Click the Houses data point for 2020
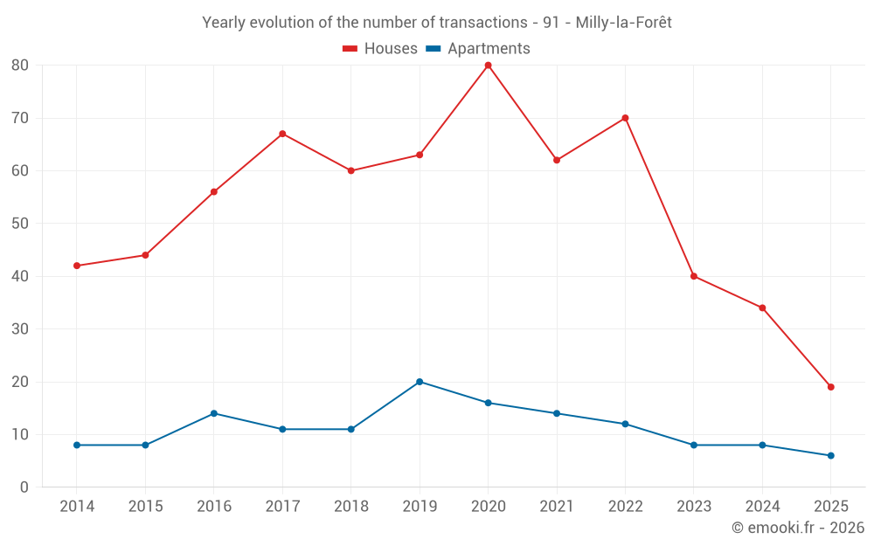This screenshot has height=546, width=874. [x=488, y=65]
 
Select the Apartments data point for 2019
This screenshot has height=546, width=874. [x=420, y=382]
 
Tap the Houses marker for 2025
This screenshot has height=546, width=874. [x=830, y=387]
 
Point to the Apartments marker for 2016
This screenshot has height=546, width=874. [x=214, y=413]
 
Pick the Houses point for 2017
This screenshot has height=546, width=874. [x=282, y=134]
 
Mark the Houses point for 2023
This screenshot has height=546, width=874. [x=694, y=276]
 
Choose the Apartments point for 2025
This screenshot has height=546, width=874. [x=830, y=455]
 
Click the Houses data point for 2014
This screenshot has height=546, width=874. [x=77, y=266]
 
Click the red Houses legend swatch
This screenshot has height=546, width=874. [x=350, y=49]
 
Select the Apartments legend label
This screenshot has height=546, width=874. [x=489, y=49]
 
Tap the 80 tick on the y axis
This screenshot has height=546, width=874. [x=20, y=66]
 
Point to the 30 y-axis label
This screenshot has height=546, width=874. [x=20, y=329]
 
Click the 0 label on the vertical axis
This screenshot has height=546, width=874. [x=24, y=487]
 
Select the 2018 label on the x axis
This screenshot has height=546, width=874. [x=350, y=507]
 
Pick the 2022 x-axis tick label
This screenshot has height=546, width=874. [x=625, y=507]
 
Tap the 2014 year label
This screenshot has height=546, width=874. [x=77, y=507]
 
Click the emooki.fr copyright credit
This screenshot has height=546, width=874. [x=798, y=528]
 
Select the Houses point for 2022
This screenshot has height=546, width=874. [x=625, y=118]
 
